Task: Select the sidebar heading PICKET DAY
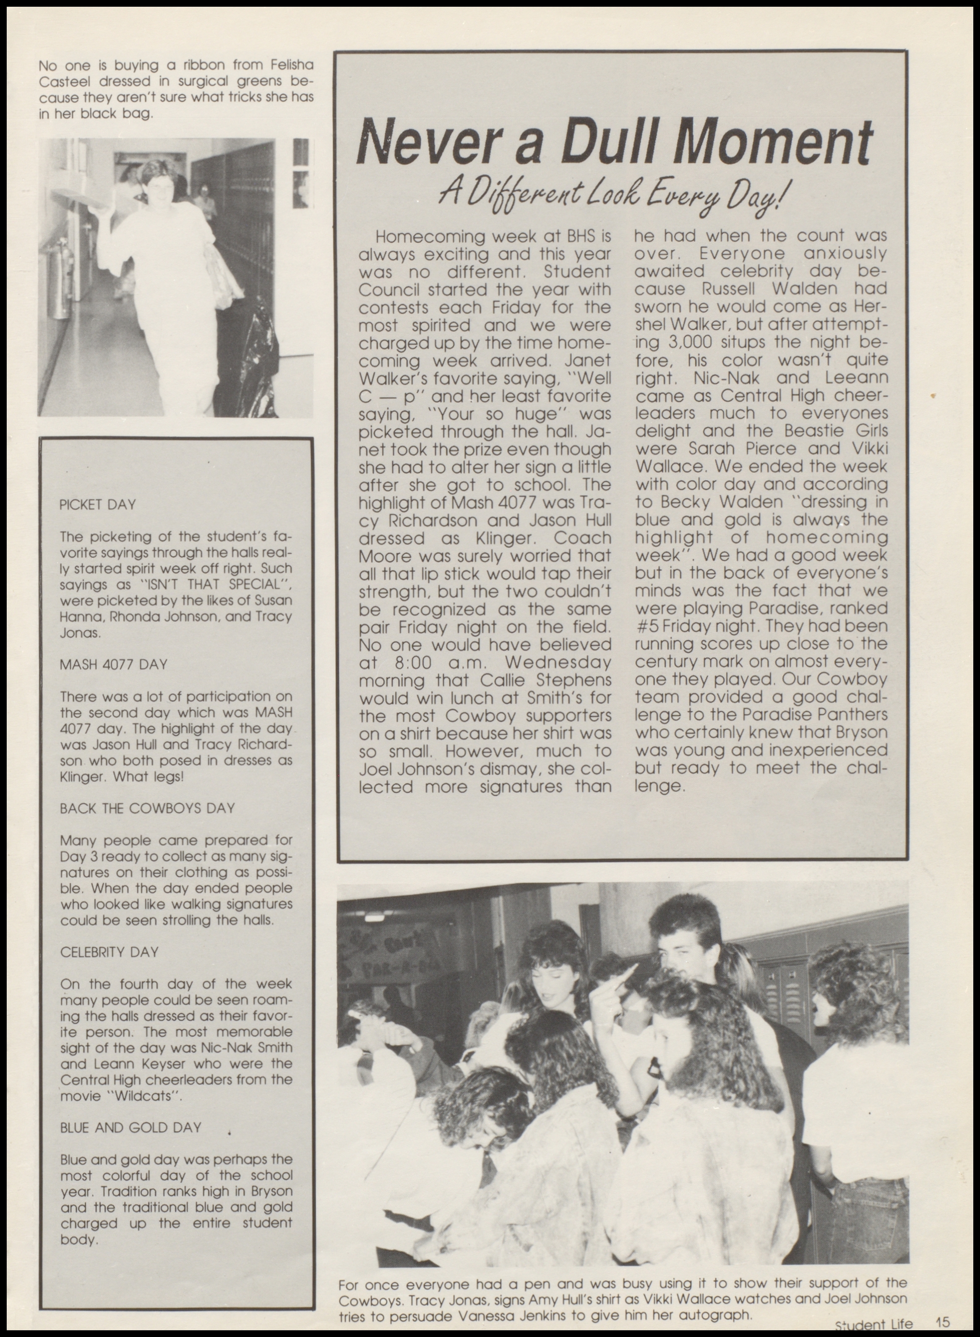(98, 505)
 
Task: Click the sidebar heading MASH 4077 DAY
(114, 664)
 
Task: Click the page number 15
(943, 1322)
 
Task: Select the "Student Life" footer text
(873, 1324)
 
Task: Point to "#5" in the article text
(645, 627)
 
